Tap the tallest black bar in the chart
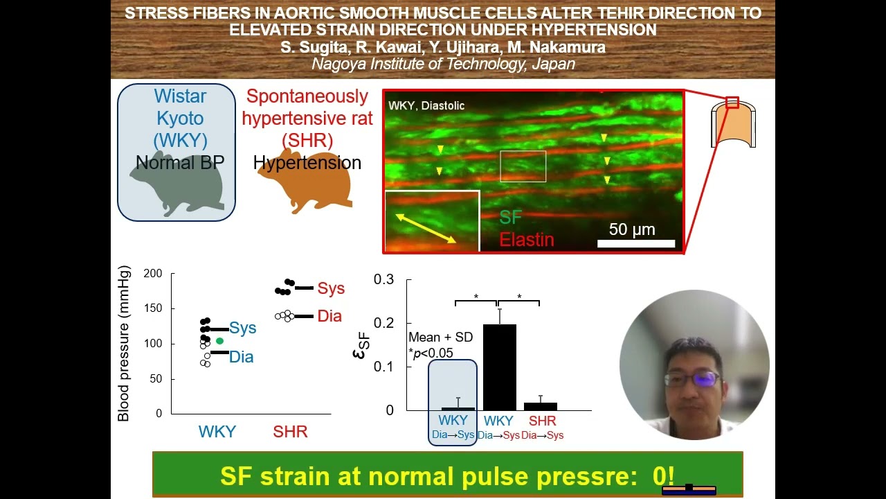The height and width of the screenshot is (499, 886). point(499,367)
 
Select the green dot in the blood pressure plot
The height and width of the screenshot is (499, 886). point(219,341)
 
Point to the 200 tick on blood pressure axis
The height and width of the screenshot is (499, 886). point(153,274)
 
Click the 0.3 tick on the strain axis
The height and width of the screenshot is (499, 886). point(383,279)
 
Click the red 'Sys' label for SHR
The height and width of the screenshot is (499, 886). point(331,288)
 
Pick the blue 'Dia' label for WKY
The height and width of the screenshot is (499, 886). point(242,357)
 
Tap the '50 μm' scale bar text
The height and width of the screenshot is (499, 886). point(631,229)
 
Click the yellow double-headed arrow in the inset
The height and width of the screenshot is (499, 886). point(426,228)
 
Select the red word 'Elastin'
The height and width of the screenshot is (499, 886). point(527,240)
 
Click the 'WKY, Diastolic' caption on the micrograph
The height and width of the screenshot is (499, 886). point(426,106)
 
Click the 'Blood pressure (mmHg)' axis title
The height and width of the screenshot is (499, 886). point(124,344)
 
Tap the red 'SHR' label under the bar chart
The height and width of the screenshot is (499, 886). point(542,421)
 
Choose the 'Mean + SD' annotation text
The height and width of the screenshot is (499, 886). point(440,337)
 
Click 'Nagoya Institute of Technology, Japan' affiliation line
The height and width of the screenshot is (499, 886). point(443,64)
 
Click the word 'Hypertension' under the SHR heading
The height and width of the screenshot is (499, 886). point(307,163)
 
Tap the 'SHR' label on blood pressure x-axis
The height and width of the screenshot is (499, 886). point(290,432)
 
